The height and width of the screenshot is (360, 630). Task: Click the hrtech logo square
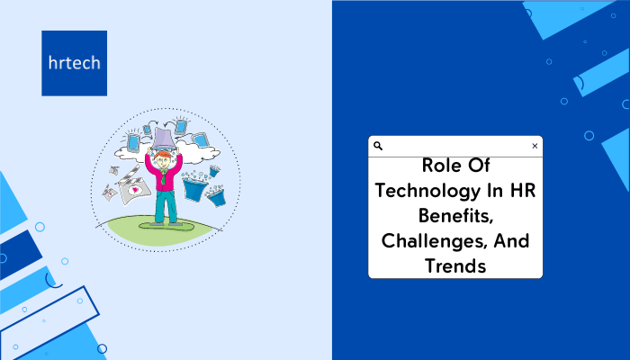[x=75, y=63]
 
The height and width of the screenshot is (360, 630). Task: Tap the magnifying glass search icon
[x=378, y=146]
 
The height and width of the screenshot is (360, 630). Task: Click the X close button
[x=535, y=146]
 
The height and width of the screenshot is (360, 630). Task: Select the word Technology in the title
[x=427, y=191]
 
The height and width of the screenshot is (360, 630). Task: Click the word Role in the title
[x=439, y=165]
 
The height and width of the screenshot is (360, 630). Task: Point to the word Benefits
[x=455, y=216]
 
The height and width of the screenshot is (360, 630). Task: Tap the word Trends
[x=455, y=266]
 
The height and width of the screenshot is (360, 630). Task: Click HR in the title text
[x=523, y=190]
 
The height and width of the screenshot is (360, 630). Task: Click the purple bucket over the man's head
[x=163, y=139]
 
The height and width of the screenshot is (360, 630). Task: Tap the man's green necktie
[x=163, y=176]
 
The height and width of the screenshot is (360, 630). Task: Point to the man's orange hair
[x=163, y=154]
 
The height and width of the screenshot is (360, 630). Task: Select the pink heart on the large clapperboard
[x=135, y=189]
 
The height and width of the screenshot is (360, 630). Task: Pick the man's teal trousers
[x=166, y=206]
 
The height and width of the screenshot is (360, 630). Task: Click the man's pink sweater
[x=164, y=173]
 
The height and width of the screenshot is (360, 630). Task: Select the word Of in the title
[x=479, y=165]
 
